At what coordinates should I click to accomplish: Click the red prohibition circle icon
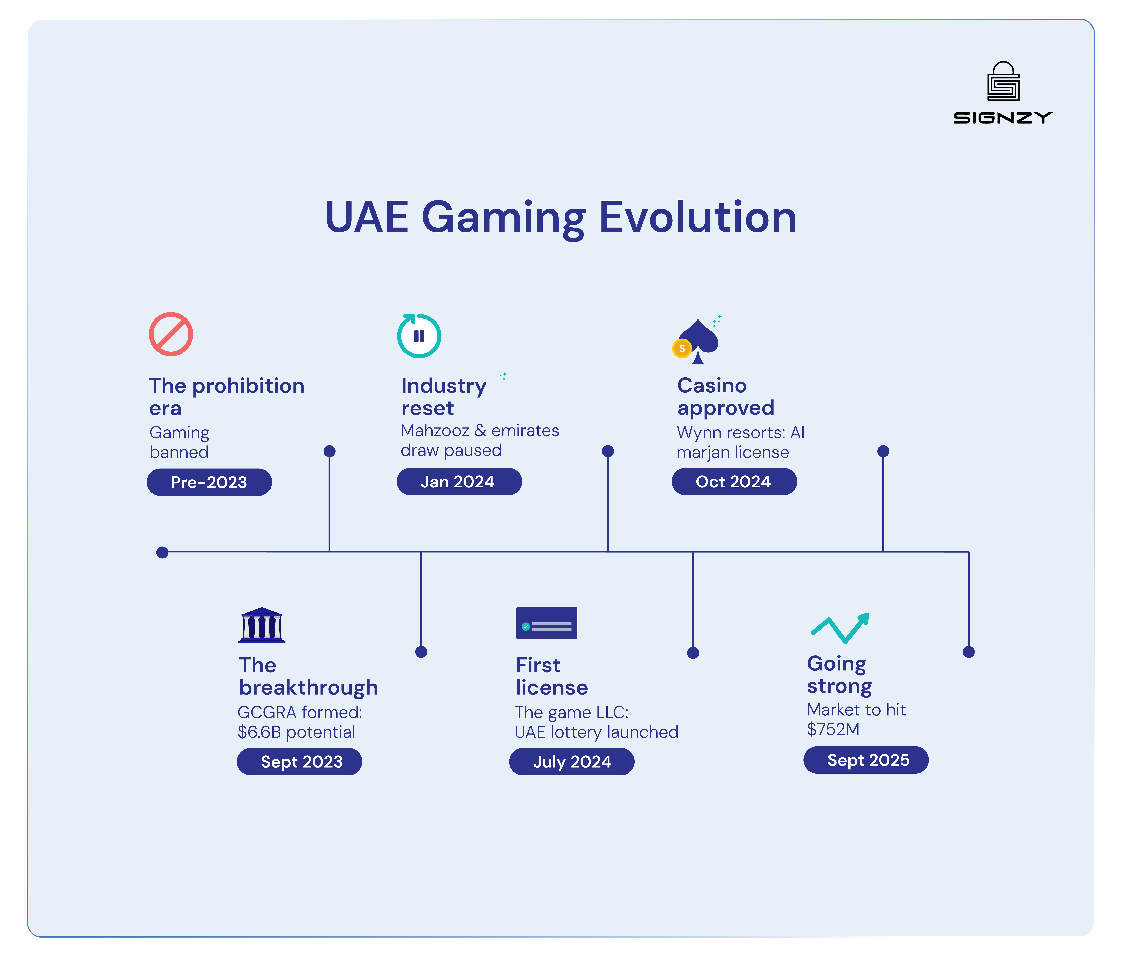pyautogui.click(x=171, y=334)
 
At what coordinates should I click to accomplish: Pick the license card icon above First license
pyautogui.click(x=546, y=623)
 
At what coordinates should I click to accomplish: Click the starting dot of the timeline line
pyautogui.click(x=162, y=552)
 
